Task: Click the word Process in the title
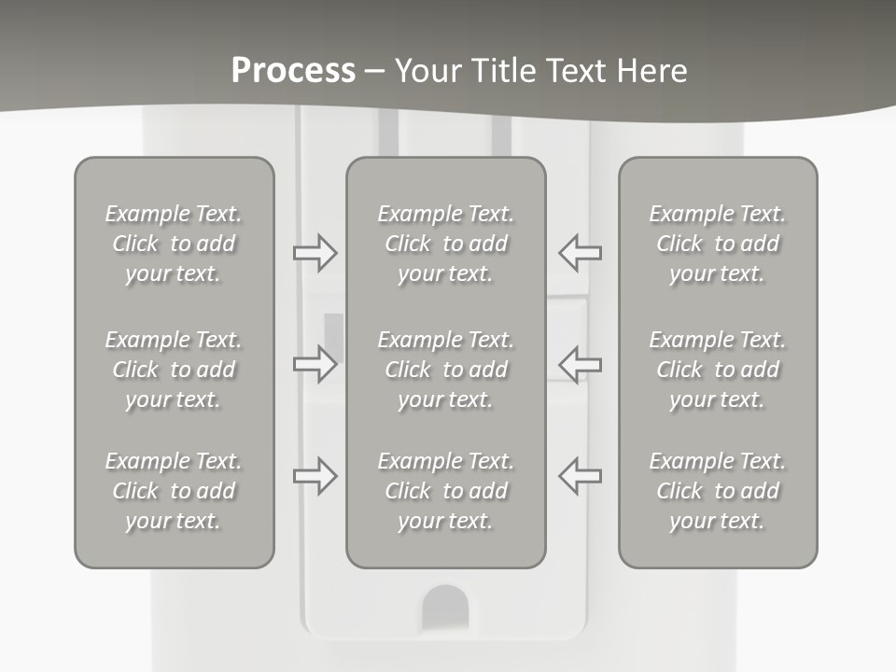click(294, 71)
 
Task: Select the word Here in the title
click(651, 70)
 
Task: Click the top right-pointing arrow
click(315, 253)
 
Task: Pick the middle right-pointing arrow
click(315, 364)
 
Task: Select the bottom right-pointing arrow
click(315, 475)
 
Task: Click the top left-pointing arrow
click(580, 253)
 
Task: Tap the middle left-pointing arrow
click(580, 364)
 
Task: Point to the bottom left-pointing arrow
click(580, 475)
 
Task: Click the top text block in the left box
click(174, 244)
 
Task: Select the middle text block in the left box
click(174, 370)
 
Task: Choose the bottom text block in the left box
click(174, 491)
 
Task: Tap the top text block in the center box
click(446, 244)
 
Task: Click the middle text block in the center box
click(446, 370)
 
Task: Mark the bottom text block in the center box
click(446, 491)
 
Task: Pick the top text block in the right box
click(718, 244)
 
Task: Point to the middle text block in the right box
click(718, 370)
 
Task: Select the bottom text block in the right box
click(718, 491)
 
